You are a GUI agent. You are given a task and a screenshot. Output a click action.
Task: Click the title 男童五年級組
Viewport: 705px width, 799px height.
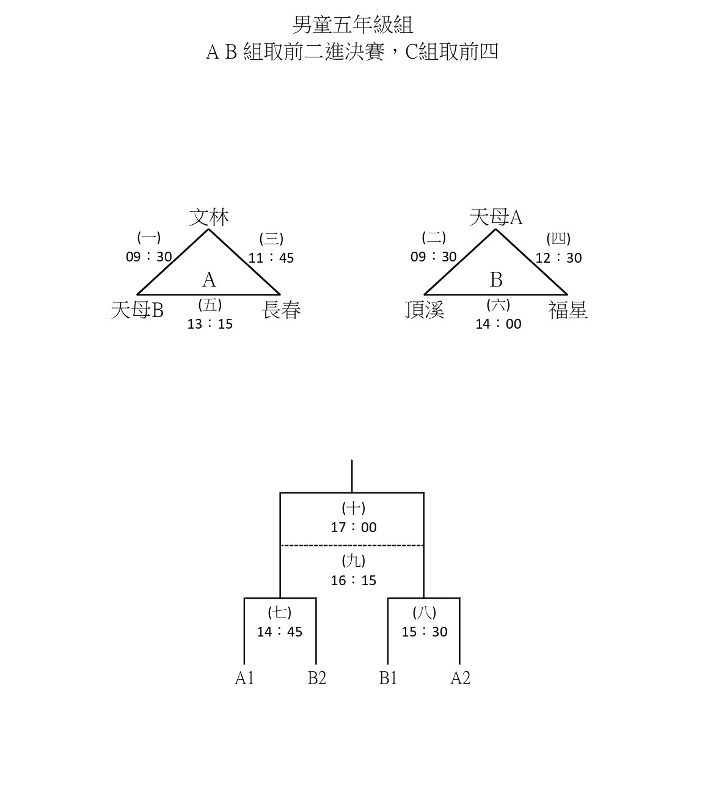[x=352, y=25]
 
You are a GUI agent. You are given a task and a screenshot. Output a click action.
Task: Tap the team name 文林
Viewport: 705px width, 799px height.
[x=209, y=217]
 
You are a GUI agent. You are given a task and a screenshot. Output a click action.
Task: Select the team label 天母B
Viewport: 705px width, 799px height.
[x=137, y=310]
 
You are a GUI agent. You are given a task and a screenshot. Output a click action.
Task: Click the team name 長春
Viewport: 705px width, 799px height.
[x=281, y=310]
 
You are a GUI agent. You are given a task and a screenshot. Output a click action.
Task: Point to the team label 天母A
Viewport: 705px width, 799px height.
[x=496, y=217]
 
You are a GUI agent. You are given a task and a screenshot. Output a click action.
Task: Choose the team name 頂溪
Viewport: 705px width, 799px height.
[x=425, y=310]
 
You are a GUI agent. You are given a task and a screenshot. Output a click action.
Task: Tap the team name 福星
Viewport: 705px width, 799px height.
[x=568, y=310]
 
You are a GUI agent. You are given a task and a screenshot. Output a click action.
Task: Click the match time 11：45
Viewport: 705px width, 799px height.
[x=271, y=258]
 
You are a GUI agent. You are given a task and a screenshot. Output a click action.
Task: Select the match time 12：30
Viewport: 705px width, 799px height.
[x=558, y=258]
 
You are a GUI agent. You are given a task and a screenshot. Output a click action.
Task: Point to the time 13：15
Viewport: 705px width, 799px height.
[x=210, y=324]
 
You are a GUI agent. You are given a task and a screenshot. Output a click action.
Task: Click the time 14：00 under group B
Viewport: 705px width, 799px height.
[x=499, y=324]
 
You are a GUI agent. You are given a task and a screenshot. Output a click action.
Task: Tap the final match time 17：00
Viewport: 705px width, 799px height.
[x=354, y=527]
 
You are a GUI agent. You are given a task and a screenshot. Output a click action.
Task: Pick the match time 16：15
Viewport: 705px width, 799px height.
[x=354, y=580]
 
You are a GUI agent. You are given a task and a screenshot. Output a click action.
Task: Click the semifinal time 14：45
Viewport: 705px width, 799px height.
[x=280, y=632]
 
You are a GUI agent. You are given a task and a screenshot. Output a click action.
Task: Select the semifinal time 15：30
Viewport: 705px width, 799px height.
[x=425, y=632]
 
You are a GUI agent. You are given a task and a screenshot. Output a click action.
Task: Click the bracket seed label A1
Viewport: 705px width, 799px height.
[x=244, y=678]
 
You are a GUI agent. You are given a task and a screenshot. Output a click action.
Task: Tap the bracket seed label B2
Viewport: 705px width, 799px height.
[x=317, y=678]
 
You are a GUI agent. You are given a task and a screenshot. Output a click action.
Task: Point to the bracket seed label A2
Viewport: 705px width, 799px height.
[x=461, y=678]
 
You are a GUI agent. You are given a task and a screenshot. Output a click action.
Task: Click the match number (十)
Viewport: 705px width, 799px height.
[x=354, y=508]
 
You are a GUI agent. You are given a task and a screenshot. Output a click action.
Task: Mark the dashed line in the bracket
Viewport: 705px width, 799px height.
[x=352, y=545]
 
